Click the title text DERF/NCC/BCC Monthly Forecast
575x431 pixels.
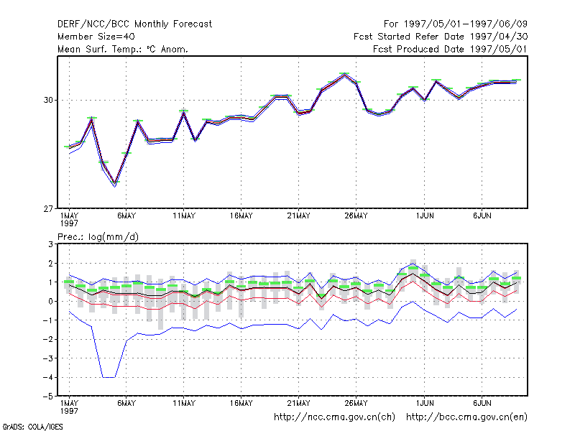134,24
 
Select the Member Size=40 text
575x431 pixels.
96,37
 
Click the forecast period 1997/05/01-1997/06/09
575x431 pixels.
465,24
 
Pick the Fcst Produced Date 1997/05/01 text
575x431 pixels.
451,49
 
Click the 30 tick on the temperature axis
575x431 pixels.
48,100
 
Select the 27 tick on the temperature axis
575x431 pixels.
48,209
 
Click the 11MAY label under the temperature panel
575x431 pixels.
184,216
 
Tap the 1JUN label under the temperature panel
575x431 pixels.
425,216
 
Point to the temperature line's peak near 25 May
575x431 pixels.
344,75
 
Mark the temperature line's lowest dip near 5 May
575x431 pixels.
115,183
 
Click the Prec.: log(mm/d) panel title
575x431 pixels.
98,237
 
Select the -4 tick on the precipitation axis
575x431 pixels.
48,378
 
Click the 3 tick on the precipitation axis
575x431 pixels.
50,244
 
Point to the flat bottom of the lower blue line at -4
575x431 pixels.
109,377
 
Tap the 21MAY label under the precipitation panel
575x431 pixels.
298,403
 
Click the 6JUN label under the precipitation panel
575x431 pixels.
482,403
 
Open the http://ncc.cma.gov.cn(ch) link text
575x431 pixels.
334,417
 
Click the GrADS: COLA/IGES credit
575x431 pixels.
32,427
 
